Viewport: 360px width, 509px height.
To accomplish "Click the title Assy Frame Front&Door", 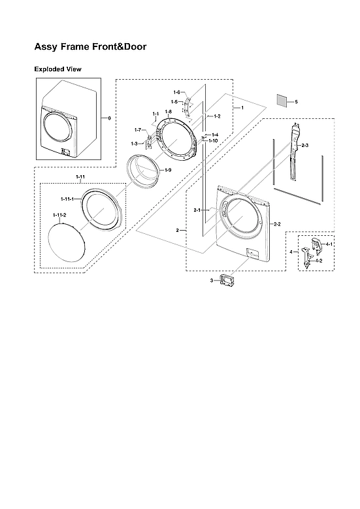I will tap(90, 47).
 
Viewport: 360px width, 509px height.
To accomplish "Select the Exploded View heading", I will tap(57, 69).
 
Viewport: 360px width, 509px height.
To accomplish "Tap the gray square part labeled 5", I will tap(282, 101).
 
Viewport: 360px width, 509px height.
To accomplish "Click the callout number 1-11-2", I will tap(60, 215).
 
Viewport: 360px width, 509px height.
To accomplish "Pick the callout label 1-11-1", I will tap(67, 198).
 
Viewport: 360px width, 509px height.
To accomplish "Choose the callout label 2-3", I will tap(304, 144).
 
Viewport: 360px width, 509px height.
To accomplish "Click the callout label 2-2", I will tap(276, 224).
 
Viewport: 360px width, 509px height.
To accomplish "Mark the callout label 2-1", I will tap(197, 210).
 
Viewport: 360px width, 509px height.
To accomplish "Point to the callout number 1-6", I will tap(176, 92).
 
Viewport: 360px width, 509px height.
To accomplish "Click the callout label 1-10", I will tap(213, 140).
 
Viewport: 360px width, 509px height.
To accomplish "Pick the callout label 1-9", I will tap(168, 170).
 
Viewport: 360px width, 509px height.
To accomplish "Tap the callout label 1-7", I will tap(139, 130).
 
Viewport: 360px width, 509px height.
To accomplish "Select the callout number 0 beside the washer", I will tap(109, 118).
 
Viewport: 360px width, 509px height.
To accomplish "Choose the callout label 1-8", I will tap(168, 112).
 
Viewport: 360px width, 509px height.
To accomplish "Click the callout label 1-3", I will tap(134, 143).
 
